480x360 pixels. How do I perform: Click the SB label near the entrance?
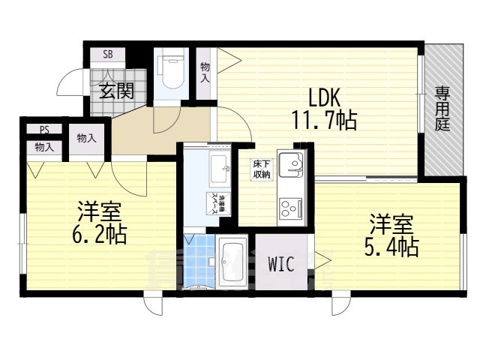[x=109, y=55]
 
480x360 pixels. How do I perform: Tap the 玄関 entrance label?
[x=117, y=91]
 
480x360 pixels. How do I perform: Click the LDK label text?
[x=324, y=97]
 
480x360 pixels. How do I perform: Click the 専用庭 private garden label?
[x=442, y=109]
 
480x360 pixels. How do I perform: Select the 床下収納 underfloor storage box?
[x=261, y=169]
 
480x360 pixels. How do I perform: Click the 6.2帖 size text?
[x=100, y=235]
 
